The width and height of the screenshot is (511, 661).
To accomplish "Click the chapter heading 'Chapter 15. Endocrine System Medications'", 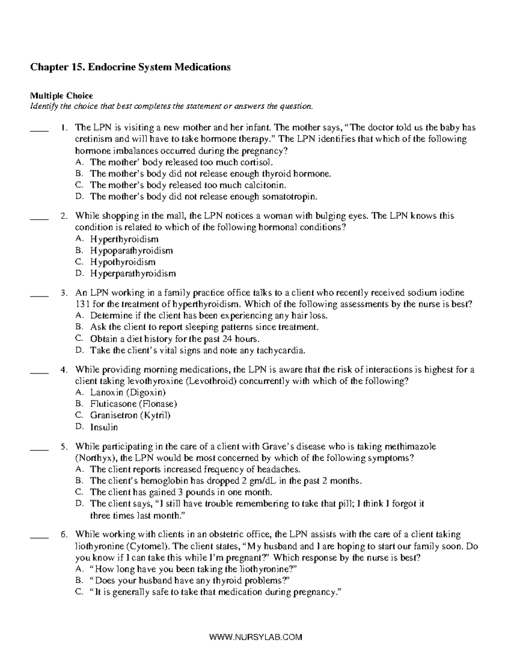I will tap(130, 67).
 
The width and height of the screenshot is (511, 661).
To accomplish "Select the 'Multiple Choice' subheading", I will tap(61, 96).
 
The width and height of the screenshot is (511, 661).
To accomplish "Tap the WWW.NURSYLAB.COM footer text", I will tap(255, 637).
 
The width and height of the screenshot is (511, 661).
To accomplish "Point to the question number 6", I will tap(64, 535).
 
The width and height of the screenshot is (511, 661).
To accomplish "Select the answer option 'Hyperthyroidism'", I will tap(124, 239).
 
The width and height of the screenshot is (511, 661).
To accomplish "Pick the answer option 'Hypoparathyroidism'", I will tap(131, 251).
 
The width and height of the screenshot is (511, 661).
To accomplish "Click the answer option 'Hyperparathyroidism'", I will tap(132, 273).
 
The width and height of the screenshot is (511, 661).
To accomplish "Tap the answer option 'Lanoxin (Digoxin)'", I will tap(128, 392).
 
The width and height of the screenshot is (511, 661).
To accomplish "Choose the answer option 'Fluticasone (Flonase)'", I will tap(133, 404).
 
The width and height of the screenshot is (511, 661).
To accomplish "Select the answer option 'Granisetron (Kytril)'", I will tap(130, 415).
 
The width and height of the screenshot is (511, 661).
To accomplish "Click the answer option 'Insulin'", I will tap(104, 427).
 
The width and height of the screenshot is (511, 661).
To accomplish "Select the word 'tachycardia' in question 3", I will tap(283, 351).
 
